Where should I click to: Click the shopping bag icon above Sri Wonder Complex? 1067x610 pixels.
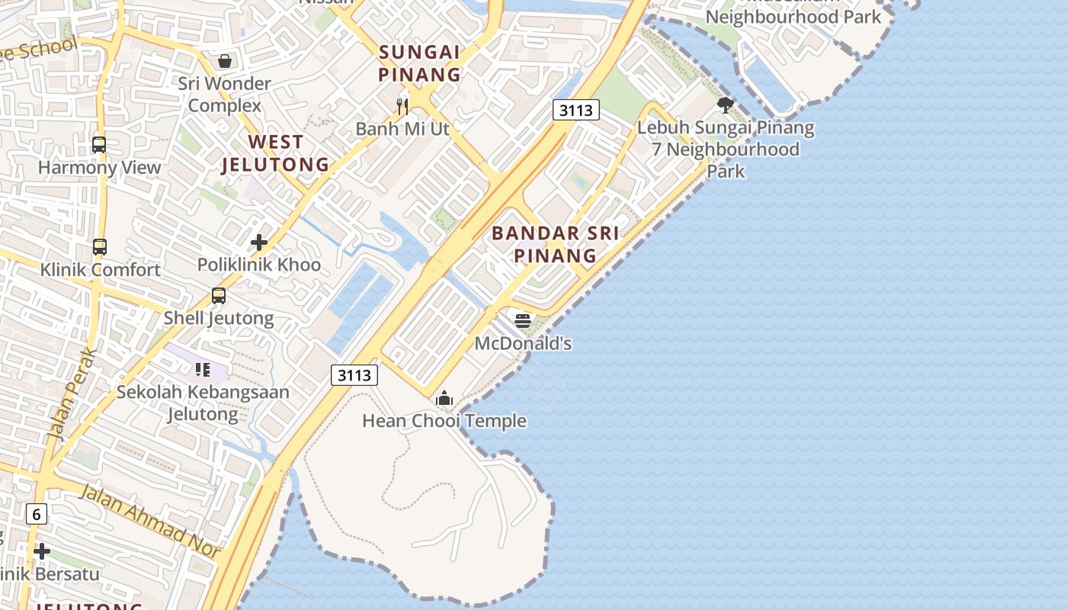[x=225, y=60]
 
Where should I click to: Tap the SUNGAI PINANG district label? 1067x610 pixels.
[x=420, y=63]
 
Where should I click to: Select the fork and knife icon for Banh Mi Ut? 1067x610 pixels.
[x=402, y=106]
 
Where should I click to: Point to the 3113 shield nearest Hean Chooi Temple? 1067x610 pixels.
[x=355, y=375]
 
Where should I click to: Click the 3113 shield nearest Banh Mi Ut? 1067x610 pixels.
[x=576, y=110]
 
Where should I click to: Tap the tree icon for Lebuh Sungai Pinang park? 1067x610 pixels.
[x=726, y=105]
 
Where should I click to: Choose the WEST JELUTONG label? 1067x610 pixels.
[x=275, y=153]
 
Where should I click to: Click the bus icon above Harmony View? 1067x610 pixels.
[x=99, y=144]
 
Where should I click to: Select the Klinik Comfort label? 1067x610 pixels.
[x=101, y=270]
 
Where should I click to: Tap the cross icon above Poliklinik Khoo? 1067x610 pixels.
[x=259, y=242]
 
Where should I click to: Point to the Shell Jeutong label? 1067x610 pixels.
[x=219, y=318]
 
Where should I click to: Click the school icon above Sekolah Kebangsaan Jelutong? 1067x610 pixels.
[x=203, y=370]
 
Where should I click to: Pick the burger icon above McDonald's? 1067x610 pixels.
[x=523, y=321]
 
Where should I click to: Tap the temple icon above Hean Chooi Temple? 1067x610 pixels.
[x=444, y=398]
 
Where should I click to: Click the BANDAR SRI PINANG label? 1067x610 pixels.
[x=555, y=244]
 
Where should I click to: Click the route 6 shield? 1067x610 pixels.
[x=37, y=514]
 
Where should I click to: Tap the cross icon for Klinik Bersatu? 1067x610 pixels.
[x=42, y=551]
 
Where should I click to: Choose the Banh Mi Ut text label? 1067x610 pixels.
[x=402, y=129]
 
